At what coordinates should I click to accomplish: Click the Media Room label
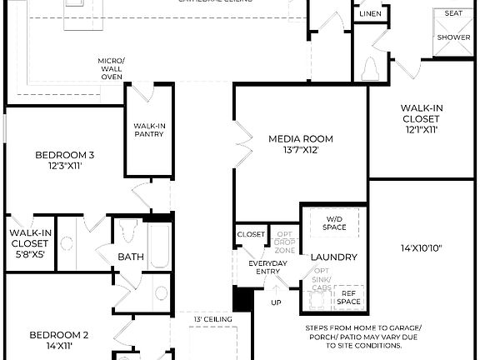tap(300, 138)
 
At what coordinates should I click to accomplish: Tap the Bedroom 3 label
tap(64, 154)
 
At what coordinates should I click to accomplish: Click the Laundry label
tap(333, 257)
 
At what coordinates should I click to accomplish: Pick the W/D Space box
tap(333, 222)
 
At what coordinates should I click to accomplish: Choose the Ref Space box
tap(348, 297)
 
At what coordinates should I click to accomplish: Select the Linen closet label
tap(371, 14)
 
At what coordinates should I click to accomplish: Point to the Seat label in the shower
tap(453, 13)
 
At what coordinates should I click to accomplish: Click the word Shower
tap(453, 37)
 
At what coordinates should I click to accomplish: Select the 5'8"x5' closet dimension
tap(31, 254)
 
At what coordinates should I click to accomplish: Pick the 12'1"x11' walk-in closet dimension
tap(421, 129)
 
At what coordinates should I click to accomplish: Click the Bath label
tap(130, 257)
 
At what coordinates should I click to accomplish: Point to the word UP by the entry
tap(276, 301)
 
